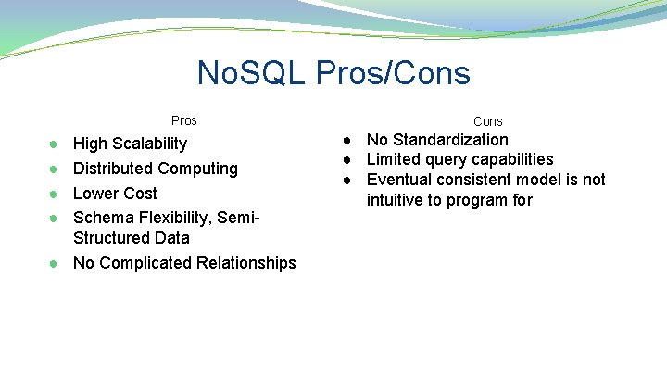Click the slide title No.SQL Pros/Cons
(x=333, y=73)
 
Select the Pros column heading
(x=184, y=120)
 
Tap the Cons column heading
(x=488, y=121)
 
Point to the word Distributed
(x=113, y=169)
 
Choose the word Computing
(x=197, y=169)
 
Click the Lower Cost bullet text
(x=115, y=194)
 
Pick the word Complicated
(x=145, y=263)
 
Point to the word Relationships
(x=245, y=263)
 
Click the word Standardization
(x=450, y=140)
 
